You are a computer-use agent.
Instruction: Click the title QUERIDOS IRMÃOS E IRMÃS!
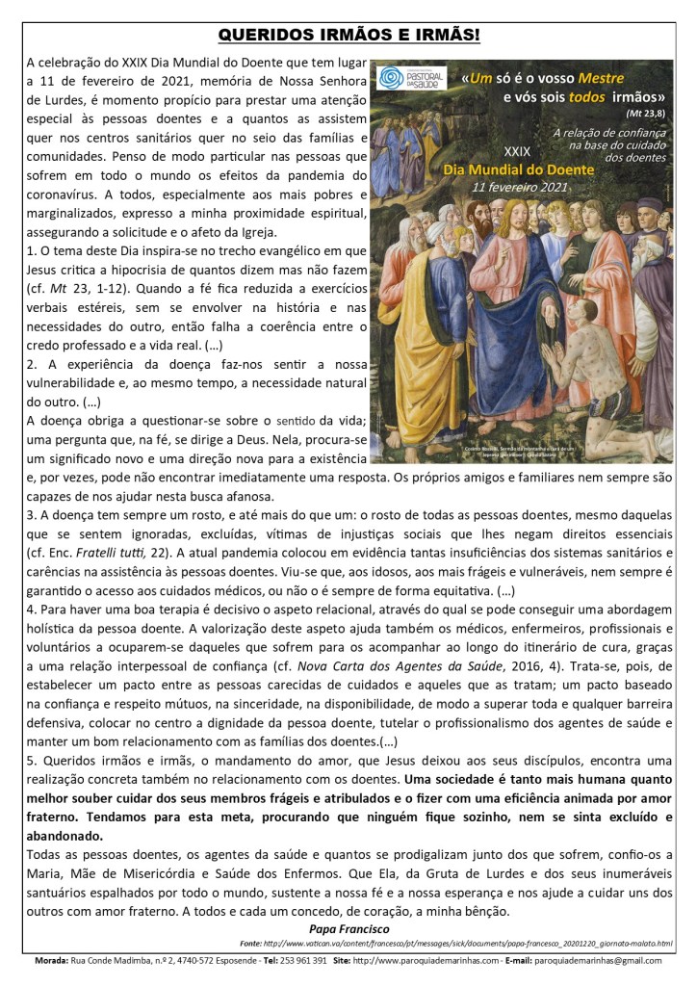[348, 36]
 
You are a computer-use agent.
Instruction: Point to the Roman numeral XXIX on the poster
[516, 152]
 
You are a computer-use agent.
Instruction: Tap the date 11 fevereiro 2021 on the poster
[520, 187]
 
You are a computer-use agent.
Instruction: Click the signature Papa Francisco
[349, 929]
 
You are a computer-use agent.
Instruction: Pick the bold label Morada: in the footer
[47, 961]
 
